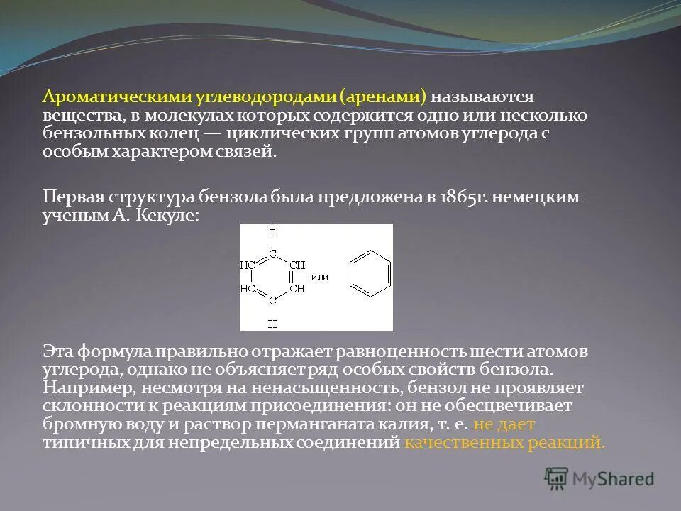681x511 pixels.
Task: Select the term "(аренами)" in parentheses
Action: click(x=383, y=96)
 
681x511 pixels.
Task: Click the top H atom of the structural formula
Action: click(x=272, y=231)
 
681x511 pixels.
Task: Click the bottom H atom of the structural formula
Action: click(x=272, y=324)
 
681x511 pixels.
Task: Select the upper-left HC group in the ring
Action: click(x=248, y=265)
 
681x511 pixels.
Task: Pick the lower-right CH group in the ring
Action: click(x=297, y=289)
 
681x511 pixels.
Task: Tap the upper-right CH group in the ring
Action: click(x=297, y=265)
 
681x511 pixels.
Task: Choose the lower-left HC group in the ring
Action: click(x=248, y=289)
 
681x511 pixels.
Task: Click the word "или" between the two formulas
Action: click(x=320, y=277)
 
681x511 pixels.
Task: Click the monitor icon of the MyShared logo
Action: click(x=556, y=478)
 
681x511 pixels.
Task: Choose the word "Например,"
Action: click(x=89, y=388)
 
